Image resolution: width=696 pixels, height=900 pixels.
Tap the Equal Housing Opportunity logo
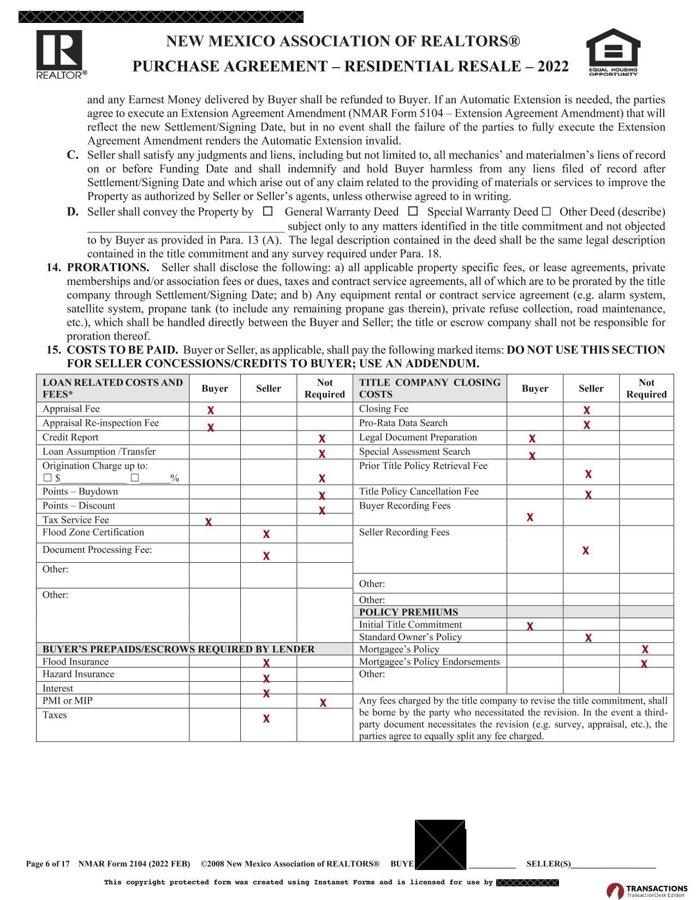coord(612,52)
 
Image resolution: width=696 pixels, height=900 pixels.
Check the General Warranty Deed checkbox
coord(268,211)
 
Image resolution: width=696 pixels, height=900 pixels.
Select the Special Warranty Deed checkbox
coord(413,211)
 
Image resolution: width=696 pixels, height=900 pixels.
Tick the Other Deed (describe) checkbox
coord(546,211)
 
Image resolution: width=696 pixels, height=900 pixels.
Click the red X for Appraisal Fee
coord(210,410)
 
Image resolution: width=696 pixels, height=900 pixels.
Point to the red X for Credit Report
coord(322,438)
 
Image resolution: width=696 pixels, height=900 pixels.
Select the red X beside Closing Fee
coord(586,410)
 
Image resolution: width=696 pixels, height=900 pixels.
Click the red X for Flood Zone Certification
coord(266,534)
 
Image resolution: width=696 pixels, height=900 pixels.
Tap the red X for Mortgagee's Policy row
coord(645,649)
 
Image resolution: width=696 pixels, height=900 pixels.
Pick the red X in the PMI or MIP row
coord(323,702)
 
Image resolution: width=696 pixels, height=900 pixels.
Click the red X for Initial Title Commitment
coord(530,626)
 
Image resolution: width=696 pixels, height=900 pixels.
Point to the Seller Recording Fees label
coord(404,532)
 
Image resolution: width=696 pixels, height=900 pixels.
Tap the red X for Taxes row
coord(266,719)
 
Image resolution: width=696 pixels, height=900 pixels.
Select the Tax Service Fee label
coord(76,520)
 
